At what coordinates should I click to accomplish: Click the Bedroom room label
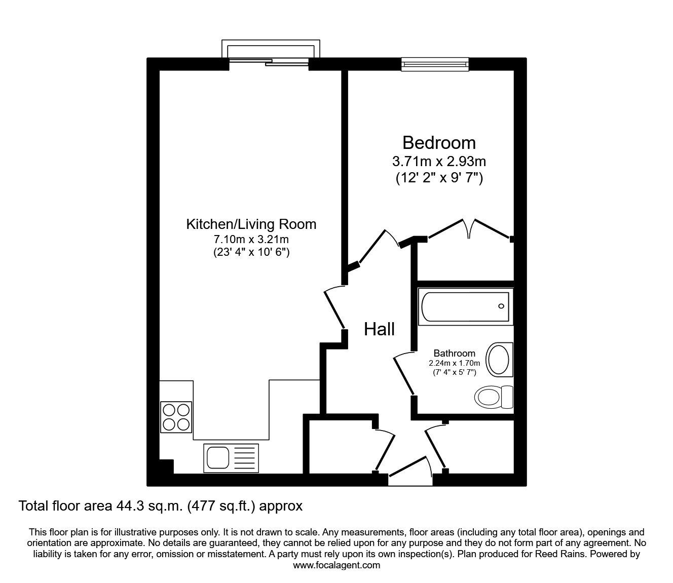tap(439, 143)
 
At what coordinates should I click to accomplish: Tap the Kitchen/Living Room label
tap(251, 224)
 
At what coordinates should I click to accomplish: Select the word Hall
tap(379, 330)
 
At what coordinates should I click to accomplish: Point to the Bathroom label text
tap(454, 354)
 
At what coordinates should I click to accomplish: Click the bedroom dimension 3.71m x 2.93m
tap(439, 162)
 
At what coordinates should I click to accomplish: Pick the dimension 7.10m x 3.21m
tap(251, 239)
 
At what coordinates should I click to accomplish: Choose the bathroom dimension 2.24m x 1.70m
tap(454, 363)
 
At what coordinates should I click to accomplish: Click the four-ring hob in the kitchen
tap(176, 416)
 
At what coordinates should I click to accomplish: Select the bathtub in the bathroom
tap(464, 306)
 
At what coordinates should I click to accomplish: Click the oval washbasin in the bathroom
tap(499, 359)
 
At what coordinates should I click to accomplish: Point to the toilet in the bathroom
tap(495, 396)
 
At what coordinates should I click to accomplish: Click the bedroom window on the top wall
tap(435, 63)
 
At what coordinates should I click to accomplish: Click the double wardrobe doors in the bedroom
tap(469, 229)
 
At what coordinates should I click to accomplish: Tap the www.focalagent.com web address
tap(336, 565)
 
